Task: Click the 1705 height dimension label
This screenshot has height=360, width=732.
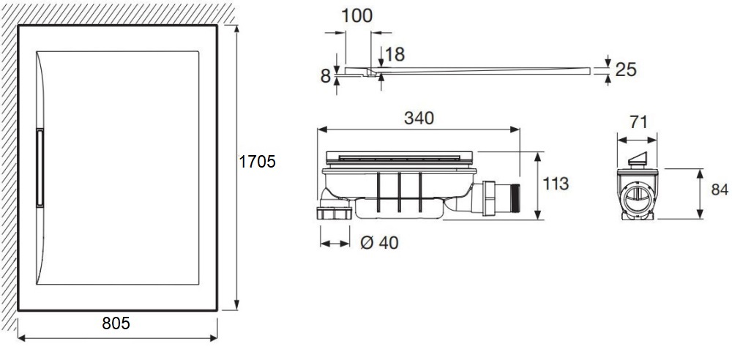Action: (257, 162)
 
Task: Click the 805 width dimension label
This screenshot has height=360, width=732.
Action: (116, 323)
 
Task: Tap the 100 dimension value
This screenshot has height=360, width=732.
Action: (357, 16)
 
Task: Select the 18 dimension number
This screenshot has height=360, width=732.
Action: (395, 55)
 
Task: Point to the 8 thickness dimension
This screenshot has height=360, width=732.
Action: (326, 76)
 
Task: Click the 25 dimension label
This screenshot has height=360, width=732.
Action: (626, 70)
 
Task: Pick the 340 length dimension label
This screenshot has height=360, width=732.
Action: (419, 118)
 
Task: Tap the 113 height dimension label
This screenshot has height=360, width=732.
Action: (556, 184)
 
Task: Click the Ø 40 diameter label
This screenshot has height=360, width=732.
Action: (380, 243)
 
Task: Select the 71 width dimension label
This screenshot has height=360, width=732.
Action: (638, 122)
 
